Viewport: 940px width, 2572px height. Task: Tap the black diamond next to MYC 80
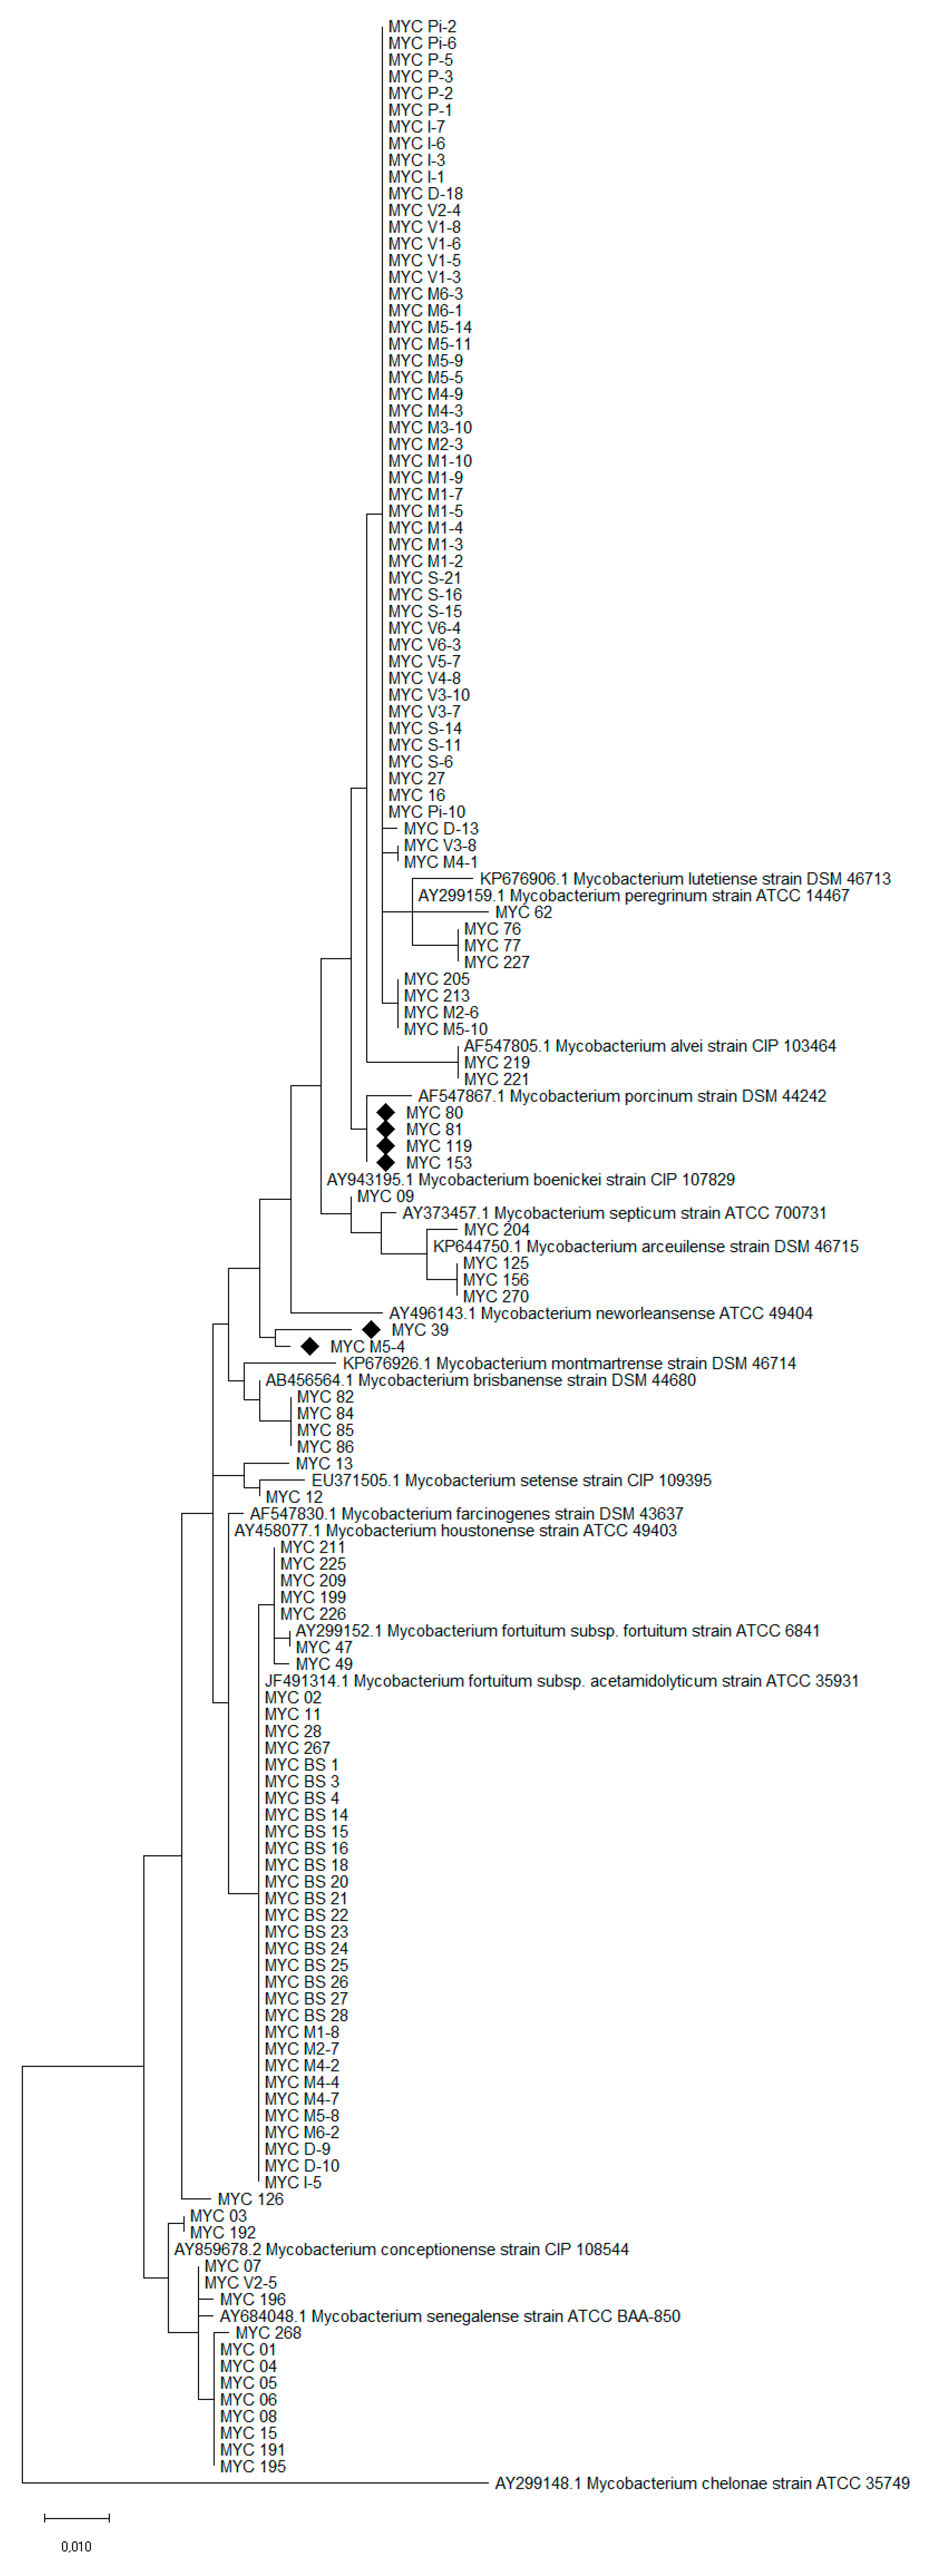tap(386, 1112)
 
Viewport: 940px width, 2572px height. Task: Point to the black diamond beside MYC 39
tap(371, 1329)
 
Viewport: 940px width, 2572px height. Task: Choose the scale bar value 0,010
tap(76, 2546)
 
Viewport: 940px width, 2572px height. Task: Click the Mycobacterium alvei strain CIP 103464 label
tap(649, 1046)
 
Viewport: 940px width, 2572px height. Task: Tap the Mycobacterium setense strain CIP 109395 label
tap(511, 1480)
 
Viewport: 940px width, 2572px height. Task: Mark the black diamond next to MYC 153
tap(386, 1162)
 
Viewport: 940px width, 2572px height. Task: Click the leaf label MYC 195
tap(253, 2466)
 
